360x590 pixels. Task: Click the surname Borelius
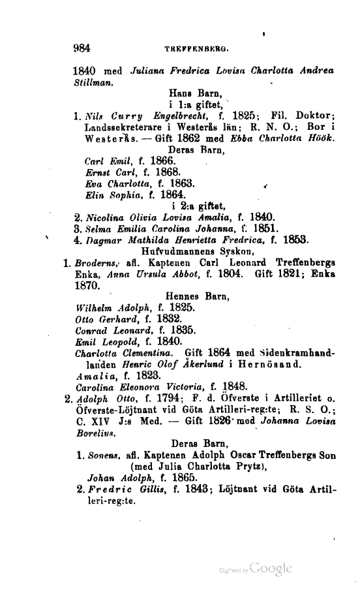pos(94,434)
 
